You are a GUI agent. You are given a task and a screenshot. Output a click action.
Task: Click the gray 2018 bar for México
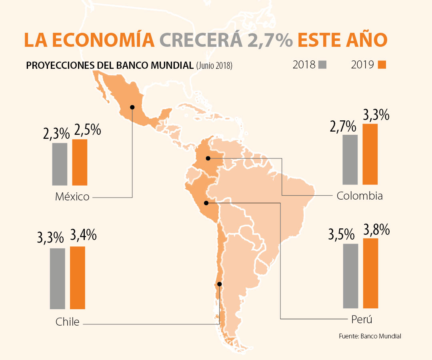click(x=60, y=164)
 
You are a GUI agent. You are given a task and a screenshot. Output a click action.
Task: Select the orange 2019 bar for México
click(x=80, y=162)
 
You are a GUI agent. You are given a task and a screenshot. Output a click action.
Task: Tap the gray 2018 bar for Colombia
click(x=350, y=160)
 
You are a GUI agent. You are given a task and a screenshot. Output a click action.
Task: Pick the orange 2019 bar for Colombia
click(x=370, y=154)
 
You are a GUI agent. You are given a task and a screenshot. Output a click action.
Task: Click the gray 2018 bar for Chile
click(x=58, y=278)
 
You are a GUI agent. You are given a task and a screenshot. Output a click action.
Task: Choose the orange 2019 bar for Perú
click(x=370, y=273)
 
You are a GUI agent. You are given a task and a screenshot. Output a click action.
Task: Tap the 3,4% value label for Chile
click(x=83, y=235)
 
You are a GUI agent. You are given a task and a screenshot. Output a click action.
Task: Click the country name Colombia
click(x=360, y=196)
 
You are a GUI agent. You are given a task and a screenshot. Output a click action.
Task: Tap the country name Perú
click(x=362, y=320)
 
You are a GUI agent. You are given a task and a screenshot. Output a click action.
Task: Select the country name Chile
click(x=68, y=322)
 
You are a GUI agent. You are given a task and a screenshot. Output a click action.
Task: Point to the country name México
click(x=72, y=197)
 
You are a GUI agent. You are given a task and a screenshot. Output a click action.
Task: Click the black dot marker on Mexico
click(x=132, y=107)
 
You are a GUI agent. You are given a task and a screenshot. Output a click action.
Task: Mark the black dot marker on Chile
click(x=219, y=285)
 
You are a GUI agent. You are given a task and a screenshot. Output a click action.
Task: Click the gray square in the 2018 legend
click(x=322, y=65)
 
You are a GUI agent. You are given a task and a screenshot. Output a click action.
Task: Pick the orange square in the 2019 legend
click(x=382, y=65)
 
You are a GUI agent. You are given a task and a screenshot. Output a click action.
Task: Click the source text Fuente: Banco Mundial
click(x=370, y=336)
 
